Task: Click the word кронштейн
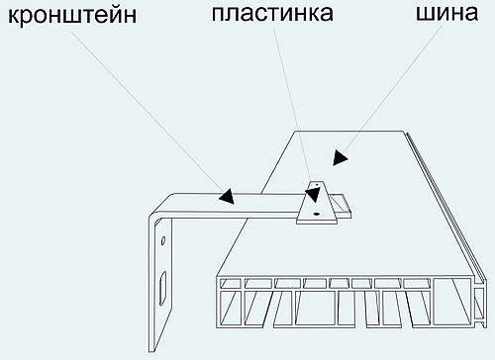coord(67,18)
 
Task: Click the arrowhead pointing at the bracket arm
coord(227,195)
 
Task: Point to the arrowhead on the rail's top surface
coord(340,156)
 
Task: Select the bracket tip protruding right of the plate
coord(346,204)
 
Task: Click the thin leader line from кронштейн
coord(148,109)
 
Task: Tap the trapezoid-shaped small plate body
coord(317,204)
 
